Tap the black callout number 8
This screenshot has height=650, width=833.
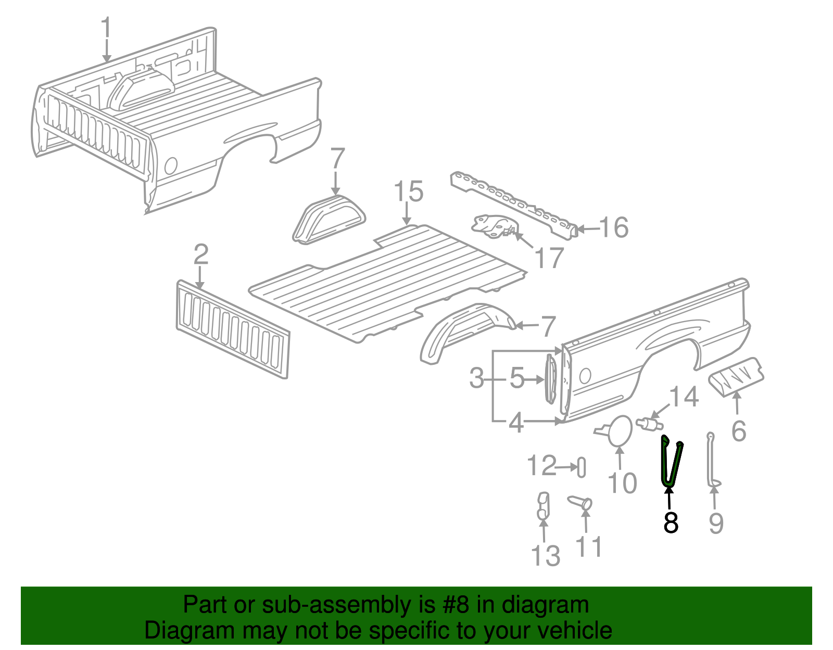tap(671, 522)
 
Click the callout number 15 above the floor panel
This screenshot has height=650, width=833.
tap(408, 192)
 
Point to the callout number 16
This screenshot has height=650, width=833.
tap(614, 228)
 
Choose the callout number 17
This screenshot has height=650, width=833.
tap(549, 258)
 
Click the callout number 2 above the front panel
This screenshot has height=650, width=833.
tap(201, 254)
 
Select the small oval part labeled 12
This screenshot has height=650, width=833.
tap(582, 467)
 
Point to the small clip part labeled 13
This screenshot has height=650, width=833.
tap(542, 506)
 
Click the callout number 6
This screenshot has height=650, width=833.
tap(739, 431)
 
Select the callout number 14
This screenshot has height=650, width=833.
tap(683, 397)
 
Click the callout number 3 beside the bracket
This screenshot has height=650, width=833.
tap(476, 378)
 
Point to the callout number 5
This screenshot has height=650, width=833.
tap(516, 378)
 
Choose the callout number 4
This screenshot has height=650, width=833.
tap(515, 423)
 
